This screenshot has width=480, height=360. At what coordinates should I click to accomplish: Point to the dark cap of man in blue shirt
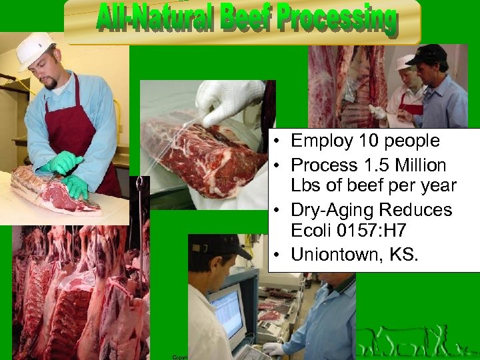(427, 53)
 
